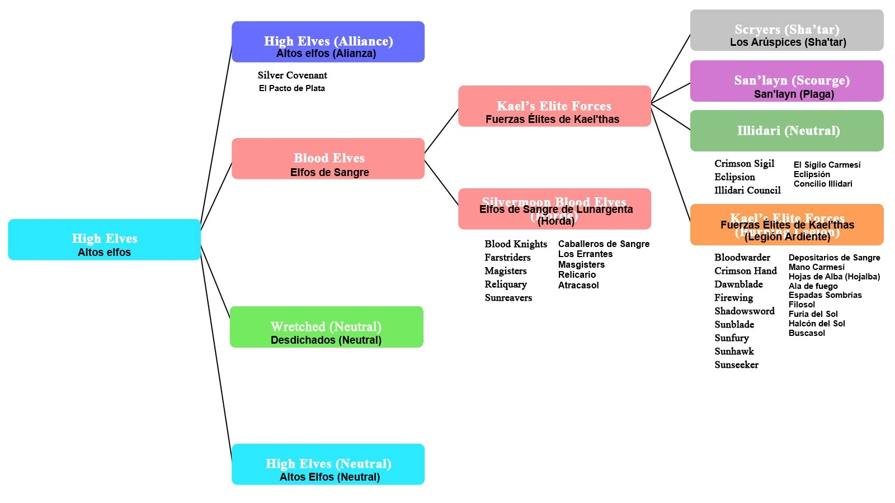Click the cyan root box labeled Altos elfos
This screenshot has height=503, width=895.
tap(104, 240)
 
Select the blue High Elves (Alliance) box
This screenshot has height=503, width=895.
tap(328, 42)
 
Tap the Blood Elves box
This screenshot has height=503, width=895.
tap(328, 159)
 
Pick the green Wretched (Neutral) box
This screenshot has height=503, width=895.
tap(326, 327)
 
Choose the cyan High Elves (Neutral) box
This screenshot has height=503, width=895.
tap(328, 464)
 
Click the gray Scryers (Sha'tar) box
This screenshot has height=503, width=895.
tap(786, 30)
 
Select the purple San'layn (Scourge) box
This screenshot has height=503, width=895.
tap(786, 81)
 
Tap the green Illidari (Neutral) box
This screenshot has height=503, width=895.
tap(786, 131)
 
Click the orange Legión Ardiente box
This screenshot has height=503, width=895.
tap(786, 225)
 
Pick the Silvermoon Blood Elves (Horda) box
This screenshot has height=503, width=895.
tap(554, 209)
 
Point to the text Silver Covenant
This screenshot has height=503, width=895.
tap(293, 75)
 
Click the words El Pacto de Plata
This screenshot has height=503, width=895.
tap(291, 88)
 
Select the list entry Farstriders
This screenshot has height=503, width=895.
tap(507, 258)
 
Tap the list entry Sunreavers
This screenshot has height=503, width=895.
tap(508, 298)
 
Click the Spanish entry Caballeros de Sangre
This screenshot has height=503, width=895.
tap(604, 244)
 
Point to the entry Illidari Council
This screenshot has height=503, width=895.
tap(747, 191)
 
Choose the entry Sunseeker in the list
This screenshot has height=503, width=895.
tap(736, 365)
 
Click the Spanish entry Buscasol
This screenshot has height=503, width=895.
tap(807, 333)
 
